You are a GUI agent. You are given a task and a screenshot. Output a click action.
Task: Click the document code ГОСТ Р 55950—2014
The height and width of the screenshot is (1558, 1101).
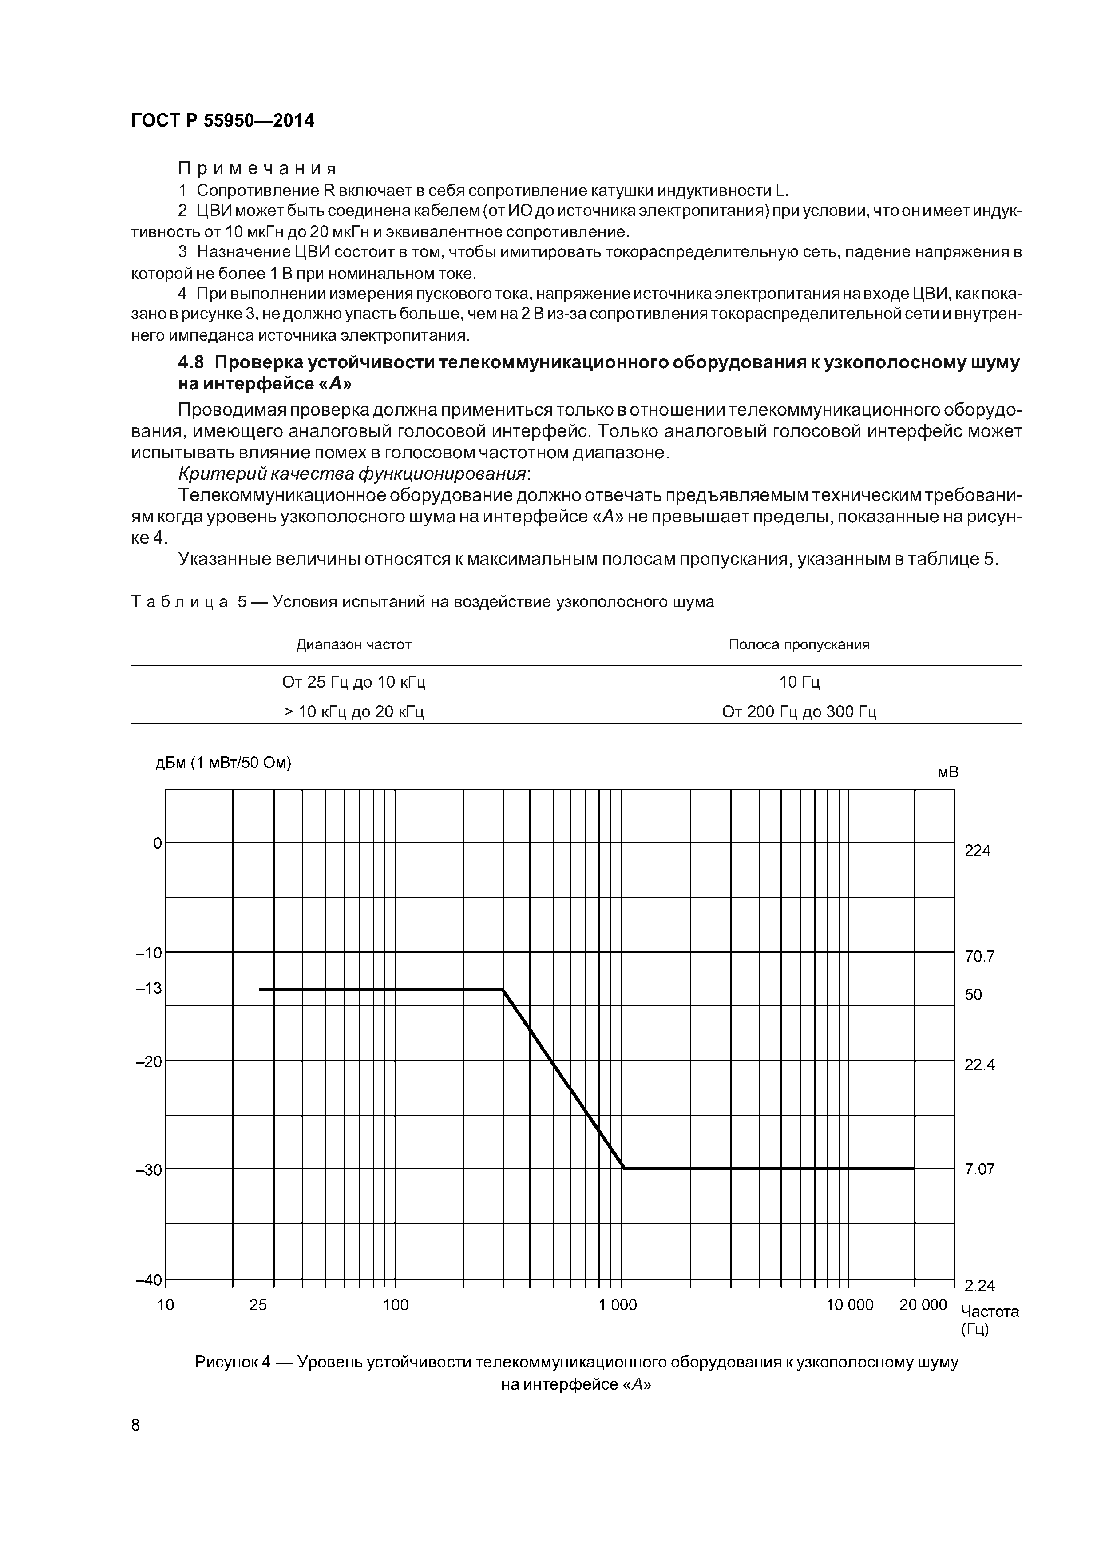pyautogui.click(x=222, y=121)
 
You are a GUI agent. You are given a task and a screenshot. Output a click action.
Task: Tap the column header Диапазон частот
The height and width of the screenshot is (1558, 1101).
pyautogui.click(x=353, y=644)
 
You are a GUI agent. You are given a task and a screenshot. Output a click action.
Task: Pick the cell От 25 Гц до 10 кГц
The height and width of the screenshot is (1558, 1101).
pyautogui.click(x=353, y=681)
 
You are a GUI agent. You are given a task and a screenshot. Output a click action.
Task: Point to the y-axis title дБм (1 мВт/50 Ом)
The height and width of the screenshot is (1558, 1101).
pyautogui.click(x=223, y=763)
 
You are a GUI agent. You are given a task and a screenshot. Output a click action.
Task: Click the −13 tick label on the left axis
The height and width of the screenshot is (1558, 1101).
pyautogui.click(x=149, y=988)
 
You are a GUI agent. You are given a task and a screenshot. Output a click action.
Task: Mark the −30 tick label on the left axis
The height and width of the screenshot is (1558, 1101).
pyautogui.click(x=149, y=1169)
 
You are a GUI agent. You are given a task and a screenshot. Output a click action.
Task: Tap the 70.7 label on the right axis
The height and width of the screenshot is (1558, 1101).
pyautogui.click(x=979, y=957)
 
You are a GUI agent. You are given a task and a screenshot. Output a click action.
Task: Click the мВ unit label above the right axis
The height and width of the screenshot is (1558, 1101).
pyautogui.click(x=948, y=773)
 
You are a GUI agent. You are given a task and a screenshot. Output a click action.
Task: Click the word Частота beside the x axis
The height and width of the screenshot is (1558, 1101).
pyautogui.click(x=989, y=1311)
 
